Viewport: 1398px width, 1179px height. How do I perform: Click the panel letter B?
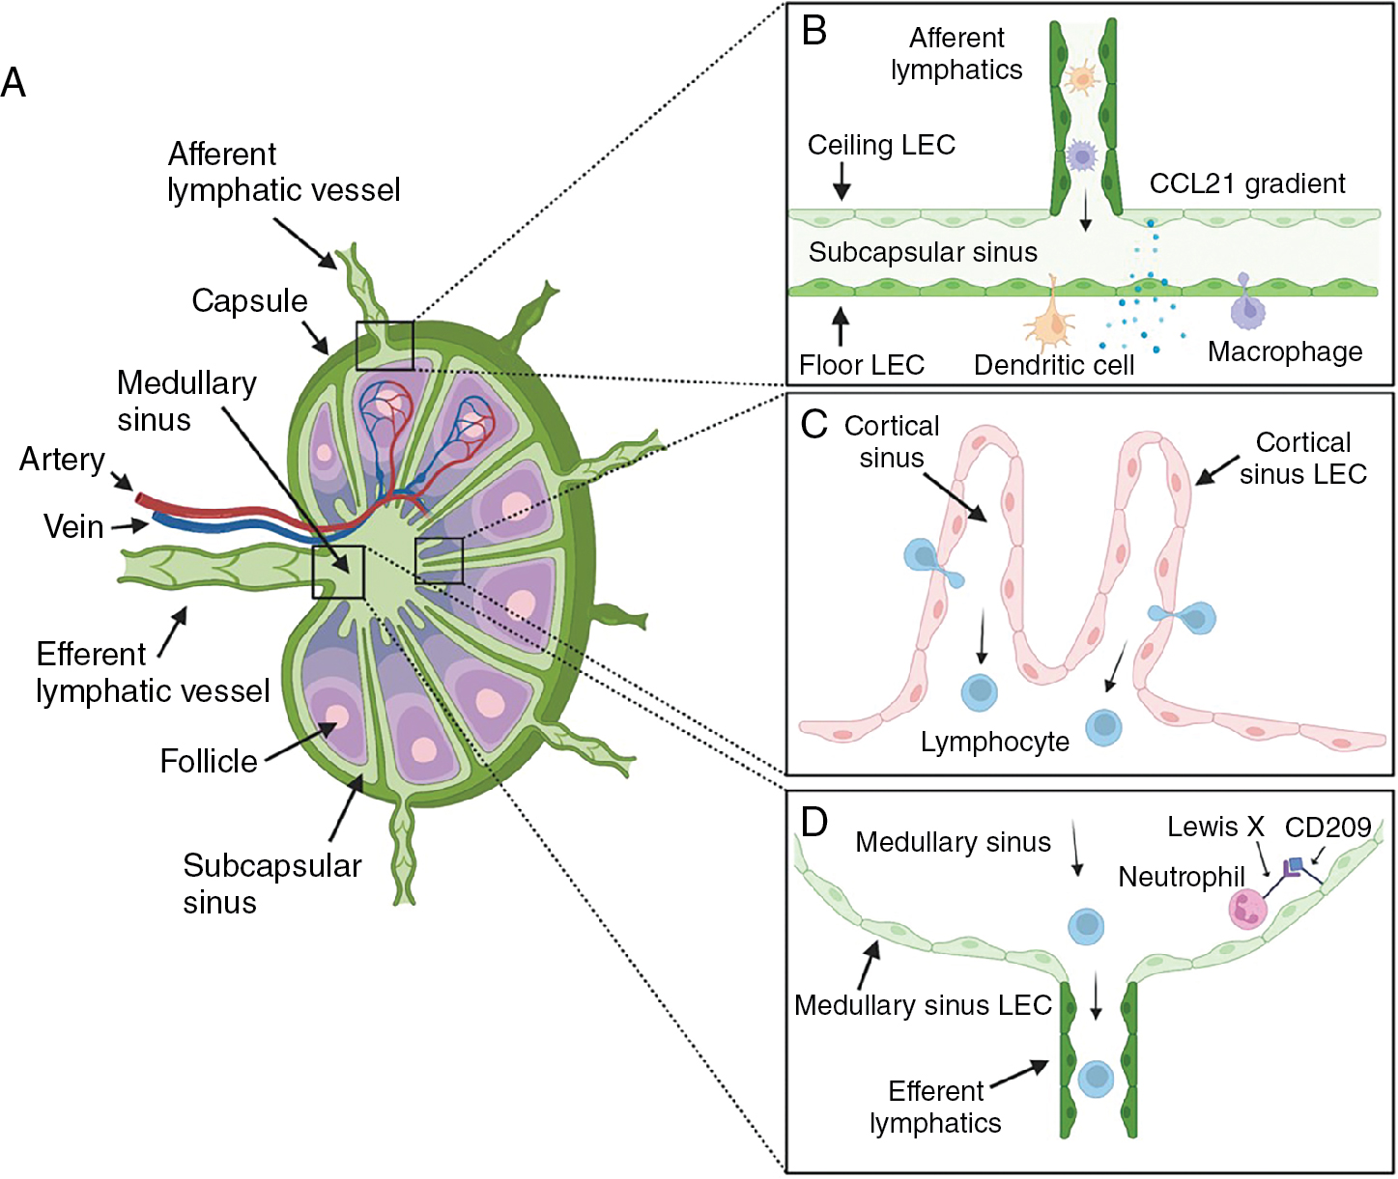[x=814, y=31]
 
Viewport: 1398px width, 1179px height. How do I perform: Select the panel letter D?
[x=814, y=822]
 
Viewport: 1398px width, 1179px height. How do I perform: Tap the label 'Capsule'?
[x=249, y=301]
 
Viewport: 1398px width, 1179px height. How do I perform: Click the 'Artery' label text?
[x=62, y=460]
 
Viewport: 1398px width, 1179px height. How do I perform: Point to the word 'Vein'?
[x=73, y=527]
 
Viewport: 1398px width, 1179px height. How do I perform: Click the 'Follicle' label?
[x=209, y=761]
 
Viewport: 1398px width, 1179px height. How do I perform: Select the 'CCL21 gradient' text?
[x=1246, y=183]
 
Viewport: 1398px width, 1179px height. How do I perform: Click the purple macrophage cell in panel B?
[x=1247, y=309]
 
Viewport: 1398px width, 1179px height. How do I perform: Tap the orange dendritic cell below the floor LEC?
[x=1049, y=324]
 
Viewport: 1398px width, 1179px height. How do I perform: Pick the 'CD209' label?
[x=1327, y=828]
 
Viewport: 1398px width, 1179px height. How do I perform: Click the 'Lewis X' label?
[x=1215, y=828]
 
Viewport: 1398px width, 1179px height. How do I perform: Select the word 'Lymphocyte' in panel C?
[x=995, y=742]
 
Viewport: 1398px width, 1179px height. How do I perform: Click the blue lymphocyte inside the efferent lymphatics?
[x=1097, y=1076]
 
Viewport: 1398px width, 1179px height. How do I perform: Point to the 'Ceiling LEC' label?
[x=881, y=145]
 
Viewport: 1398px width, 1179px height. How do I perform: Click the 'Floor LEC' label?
[x=862, y=365]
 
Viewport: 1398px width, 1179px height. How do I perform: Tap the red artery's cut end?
[x=141, y=499]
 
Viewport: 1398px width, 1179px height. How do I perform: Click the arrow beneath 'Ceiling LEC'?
[x=841, y=182]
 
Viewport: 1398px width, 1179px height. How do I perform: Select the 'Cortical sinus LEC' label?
[x=1303, y=458]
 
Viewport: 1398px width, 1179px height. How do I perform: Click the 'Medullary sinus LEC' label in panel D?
[x=923, y=1005]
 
